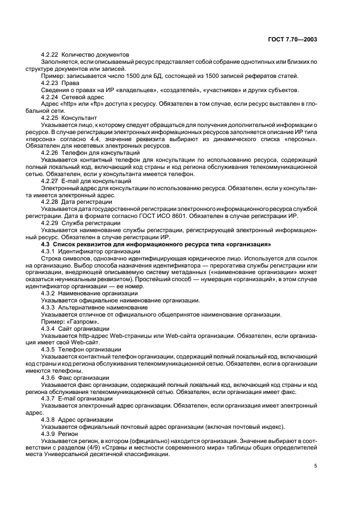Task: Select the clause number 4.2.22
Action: click(x=50, y=55)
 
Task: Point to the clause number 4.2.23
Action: click(x=50, y=83)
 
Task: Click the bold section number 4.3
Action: click(x=46, y=244)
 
